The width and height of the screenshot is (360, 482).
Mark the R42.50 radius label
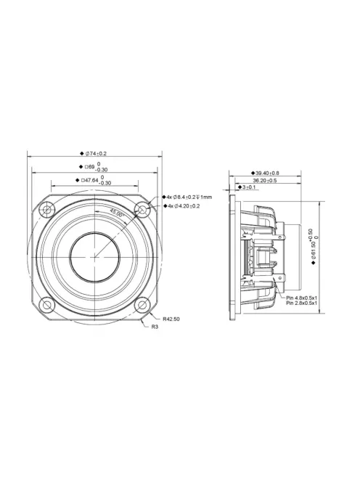point(172,318)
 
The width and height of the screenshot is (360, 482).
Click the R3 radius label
point(155,327)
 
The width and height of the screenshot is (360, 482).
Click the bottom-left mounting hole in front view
point(46,303)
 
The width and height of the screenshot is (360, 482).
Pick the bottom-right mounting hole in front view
point(143,303)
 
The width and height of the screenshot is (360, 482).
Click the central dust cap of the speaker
point(94,257)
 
